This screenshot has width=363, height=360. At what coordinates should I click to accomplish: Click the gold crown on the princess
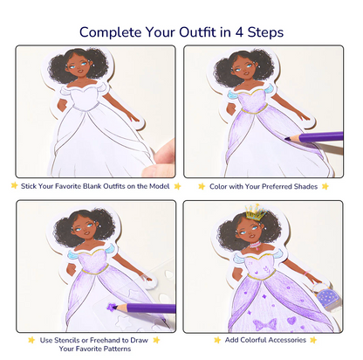click(x=257, y=211)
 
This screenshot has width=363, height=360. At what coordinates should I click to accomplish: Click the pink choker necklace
click(x=257, y=246)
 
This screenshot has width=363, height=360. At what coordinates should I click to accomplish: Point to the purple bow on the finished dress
click(x=264, y=324)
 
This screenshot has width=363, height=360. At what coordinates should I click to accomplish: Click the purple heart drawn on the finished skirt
click(x=291, y=321)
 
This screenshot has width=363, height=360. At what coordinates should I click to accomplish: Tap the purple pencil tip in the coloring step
click(x=287, y=139)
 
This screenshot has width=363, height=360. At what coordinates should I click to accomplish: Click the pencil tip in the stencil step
click(x=113, y=307)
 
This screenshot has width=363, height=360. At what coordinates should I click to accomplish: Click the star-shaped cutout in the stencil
click(x=122, y=321)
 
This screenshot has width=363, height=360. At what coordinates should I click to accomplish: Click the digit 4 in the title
click(x=239, y=32)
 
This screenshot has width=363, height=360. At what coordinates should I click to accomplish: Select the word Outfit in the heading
click(x=198, y=32)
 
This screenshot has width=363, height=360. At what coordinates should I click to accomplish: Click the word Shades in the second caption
click(x=305, y=186)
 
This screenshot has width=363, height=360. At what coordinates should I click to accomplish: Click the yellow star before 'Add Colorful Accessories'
click(x=217, y=340)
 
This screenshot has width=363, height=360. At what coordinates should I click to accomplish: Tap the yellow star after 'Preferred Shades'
click(x=325, y=186)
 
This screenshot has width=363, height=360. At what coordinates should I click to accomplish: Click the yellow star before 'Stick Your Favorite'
click(x=14, y=185)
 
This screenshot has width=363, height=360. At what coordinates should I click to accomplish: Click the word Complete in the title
click(x=111, y=32)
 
